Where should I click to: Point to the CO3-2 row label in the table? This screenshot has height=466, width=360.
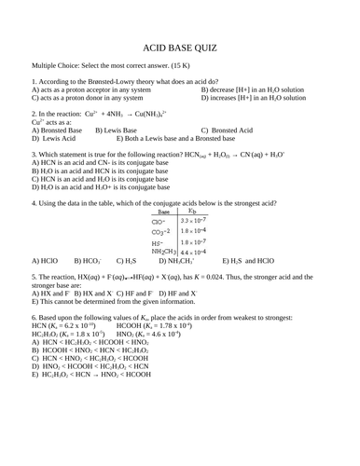coord(164,233)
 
